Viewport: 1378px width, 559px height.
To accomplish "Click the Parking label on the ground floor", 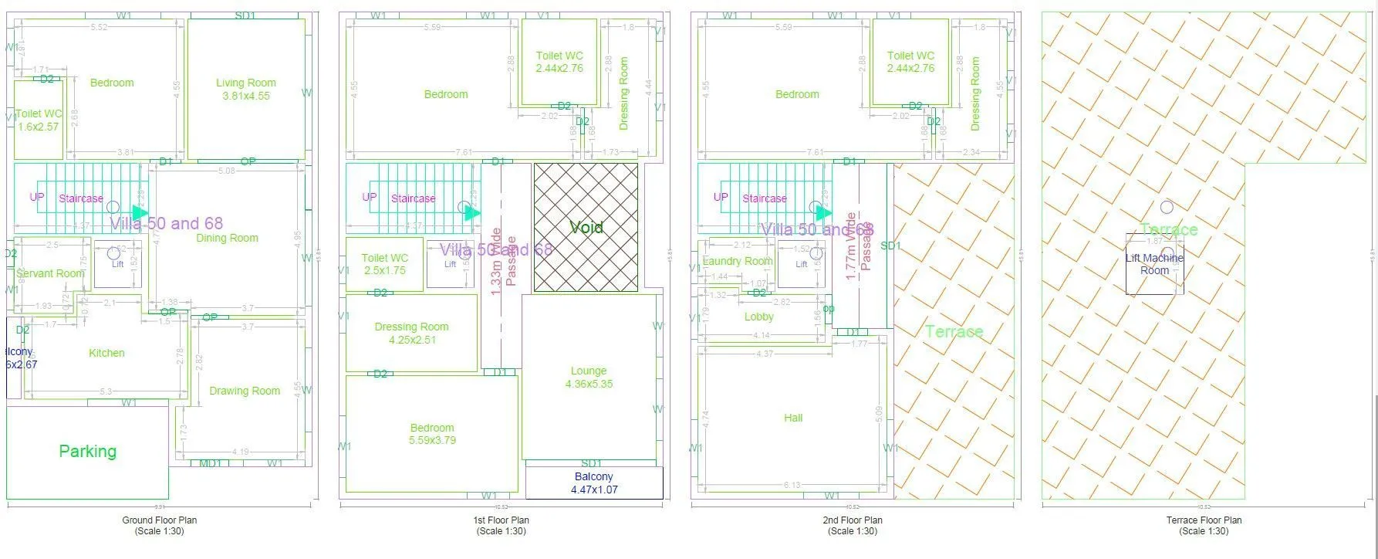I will coord(87,451).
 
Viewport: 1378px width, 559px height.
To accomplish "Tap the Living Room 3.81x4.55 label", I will coord(245,89).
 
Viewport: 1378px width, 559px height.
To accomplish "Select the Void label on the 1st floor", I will coord(586,227).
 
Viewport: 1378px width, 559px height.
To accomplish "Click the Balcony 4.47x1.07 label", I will coord(593,483).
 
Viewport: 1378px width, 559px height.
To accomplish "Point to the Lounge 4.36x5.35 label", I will coord(589,377).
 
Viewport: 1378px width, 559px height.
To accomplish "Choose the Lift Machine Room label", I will coord(1154,264).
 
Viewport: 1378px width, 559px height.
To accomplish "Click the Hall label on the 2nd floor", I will coord(793,418).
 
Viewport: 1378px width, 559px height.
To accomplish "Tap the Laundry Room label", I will coord(737,261).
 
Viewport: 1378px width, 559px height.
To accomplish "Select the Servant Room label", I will coord(50,273).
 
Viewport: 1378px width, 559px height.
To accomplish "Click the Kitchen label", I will coord(106,353).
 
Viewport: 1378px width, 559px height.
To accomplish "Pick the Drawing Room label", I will coord(245,391).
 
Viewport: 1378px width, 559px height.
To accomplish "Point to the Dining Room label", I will coord(227,238).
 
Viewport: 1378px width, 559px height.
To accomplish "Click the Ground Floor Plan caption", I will coord(159,525).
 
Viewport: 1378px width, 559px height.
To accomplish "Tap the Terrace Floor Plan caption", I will coord(1204,525).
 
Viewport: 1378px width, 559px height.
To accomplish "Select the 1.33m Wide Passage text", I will coord(503,261).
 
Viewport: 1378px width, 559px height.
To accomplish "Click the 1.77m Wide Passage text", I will coord(858,246).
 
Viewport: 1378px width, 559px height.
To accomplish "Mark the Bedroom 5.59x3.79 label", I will coord(432,434).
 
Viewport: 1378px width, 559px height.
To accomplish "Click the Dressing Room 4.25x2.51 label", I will coord(411,333).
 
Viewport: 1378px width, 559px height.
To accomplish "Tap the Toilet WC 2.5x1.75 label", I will coord(384,264).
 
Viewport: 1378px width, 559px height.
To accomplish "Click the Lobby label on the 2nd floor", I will coord(758,317).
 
